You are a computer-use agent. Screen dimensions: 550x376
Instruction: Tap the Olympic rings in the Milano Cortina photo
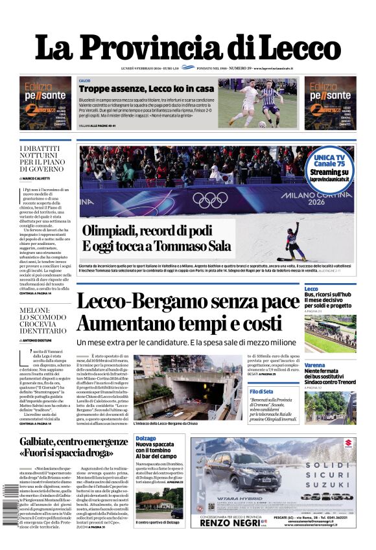point(209,199)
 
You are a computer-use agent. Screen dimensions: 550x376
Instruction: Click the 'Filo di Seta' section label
point(261,391)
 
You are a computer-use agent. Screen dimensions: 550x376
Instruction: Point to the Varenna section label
point(314,365)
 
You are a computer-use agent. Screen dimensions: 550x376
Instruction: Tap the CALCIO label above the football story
point(84,80)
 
